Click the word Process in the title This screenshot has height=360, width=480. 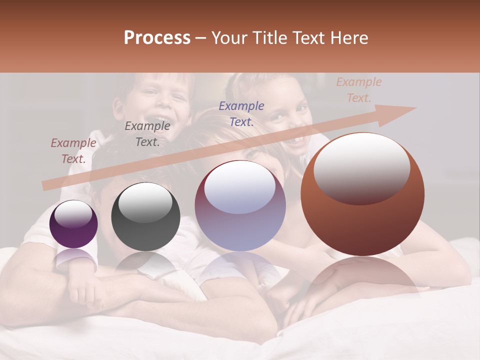pos(157,38)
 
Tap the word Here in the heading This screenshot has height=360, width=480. pos(348,38)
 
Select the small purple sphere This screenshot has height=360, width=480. pos(73,224)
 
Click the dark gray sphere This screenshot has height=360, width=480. pos(145,216)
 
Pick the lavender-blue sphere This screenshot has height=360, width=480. pos(240,206)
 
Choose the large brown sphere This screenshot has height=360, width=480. pos(362,194)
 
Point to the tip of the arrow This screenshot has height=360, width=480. pos(415,108)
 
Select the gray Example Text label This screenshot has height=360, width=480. pos(147,134)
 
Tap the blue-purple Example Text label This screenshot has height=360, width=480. pos(241,113)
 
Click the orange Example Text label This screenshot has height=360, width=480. pos(359,90)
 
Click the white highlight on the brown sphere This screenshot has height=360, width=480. pos(361,167)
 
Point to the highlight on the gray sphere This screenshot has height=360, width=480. pos(145,202)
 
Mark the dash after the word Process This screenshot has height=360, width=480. pos(201,38)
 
